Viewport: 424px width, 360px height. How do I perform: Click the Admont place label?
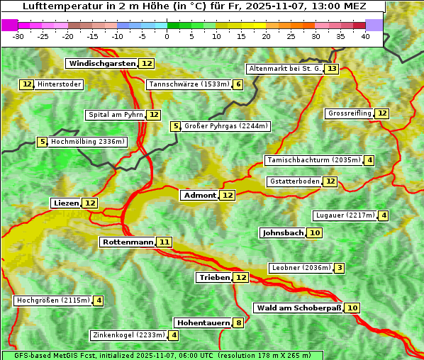(199, 196)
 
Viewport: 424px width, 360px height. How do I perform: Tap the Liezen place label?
(66, 203)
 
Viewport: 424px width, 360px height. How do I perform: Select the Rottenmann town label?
(128, 242)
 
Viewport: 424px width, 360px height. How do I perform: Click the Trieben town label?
(214, 278)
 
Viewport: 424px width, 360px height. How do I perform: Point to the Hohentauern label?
(203, 323)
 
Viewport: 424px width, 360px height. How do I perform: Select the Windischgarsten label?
(102, 64)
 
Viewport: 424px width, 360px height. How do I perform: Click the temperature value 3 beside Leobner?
(340, 268)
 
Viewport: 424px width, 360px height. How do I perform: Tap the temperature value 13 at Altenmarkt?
(332, 69)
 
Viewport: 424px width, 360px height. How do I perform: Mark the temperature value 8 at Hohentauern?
(239, 323)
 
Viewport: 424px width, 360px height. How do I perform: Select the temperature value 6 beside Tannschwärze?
(238, 85)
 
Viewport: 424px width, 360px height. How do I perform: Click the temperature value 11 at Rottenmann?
(164, 242)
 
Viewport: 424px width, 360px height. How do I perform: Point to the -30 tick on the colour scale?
(18, 35)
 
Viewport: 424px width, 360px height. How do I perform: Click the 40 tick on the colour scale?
(365, 35)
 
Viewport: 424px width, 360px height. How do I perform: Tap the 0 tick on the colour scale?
(167, 35)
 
